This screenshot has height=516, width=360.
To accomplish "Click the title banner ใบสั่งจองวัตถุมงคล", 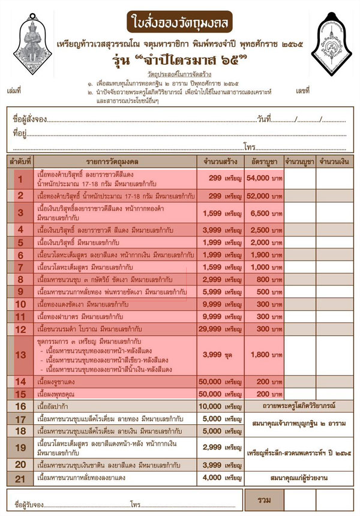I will (x=179, y=22).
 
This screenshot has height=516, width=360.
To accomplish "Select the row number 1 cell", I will (x=20, y=179).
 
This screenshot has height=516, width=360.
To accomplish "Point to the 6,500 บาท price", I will (x=263, y=213).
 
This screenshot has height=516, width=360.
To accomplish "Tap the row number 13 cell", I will (x=20, y=355).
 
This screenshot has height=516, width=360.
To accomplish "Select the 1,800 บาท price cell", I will (x=263, y=355).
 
